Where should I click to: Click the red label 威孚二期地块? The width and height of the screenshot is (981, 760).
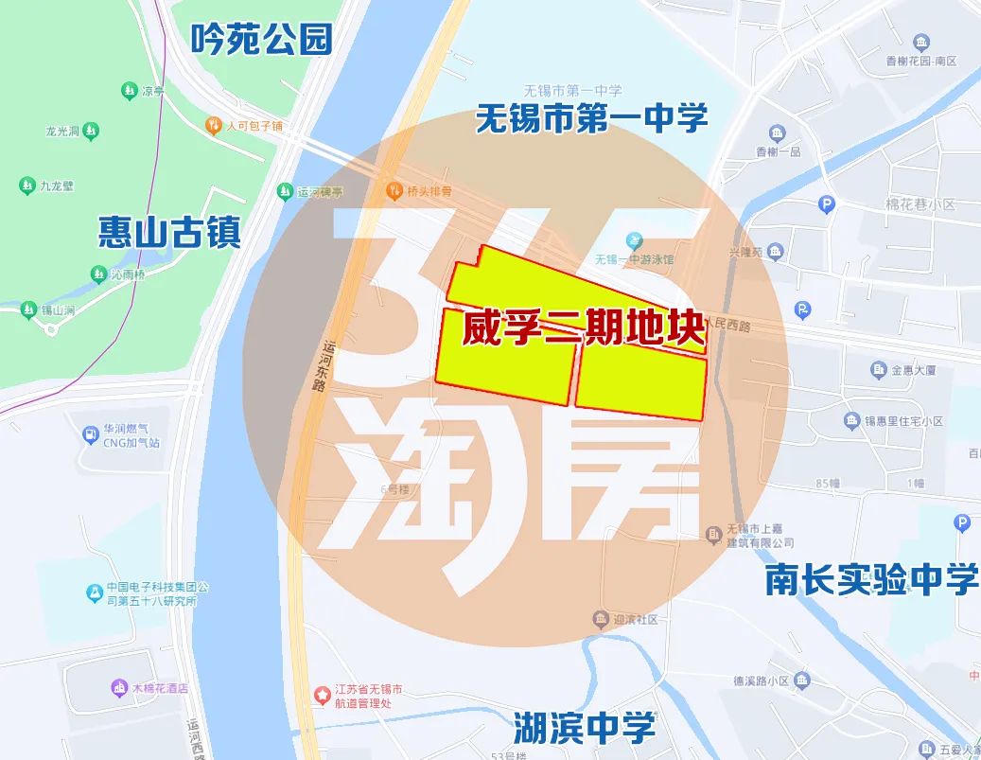point(583,328)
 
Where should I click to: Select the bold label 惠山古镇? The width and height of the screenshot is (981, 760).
point(169,231)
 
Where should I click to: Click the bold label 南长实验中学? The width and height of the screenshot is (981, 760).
point(871,580)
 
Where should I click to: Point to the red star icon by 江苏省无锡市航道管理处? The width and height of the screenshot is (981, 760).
point(324,696)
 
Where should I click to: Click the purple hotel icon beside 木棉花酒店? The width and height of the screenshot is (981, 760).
point(119,687)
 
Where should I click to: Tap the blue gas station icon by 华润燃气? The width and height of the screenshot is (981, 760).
point(90,435)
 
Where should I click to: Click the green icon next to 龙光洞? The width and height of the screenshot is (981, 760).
point(91,131)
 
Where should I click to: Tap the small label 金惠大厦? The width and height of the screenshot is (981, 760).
point(915,369)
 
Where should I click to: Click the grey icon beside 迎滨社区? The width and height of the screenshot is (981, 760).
point(600,619)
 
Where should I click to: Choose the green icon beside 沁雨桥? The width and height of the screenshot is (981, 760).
point(97,274)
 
